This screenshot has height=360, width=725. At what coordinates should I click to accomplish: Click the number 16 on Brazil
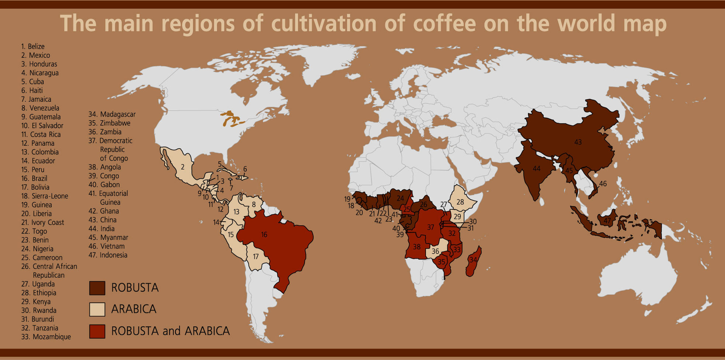[264, 235]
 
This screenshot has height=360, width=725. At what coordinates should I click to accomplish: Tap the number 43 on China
[578, 142]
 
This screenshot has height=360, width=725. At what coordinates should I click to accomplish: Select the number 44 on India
[537, 169]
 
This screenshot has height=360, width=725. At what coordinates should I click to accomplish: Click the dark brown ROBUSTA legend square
[97, 288]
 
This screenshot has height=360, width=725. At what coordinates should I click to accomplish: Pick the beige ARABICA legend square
[97, 309]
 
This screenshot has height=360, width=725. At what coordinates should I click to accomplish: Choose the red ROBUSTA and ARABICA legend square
[97, 331]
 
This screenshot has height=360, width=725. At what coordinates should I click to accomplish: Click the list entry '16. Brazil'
[34, 179]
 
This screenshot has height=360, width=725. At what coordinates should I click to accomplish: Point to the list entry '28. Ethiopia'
[39, 293]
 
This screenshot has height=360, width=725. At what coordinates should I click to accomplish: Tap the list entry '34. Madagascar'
[112, 114]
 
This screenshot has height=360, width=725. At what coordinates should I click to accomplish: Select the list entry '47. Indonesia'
[108, 255]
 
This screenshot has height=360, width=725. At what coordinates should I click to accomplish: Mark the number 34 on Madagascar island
[473, 260]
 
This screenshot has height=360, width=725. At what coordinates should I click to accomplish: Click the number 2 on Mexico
[183, 167]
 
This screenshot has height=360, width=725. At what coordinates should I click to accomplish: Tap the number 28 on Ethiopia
[460, 202]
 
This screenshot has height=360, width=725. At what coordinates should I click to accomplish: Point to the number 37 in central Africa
[431, 227]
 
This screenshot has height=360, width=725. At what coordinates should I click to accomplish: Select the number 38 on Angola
[417, 247]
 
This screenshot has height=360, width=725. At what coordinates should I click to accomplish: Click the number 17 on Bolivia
[256, 256]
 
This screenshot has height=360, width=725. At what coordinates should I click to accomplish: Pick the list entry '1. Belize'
[33, 46]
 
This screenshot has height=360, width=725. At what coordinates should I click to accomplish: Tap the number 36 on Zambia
[435, 251]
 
